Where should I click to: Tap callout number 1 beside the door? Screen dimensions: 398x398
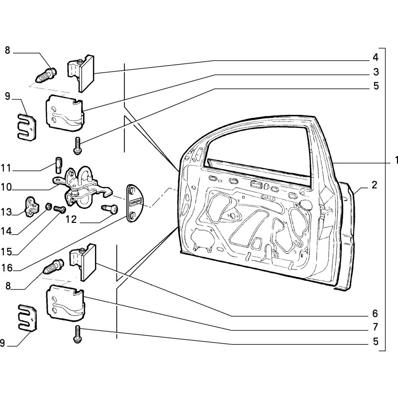[397, 161]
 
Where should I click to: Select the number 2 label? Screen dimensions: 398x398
[375, 186]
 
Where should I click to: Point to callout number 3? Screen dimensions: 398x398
[377, 72]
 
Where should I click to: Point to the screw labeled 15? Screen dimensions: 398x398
[59, 209]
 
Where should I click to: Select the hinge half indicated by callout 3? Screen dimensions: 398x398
[64, 111]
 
